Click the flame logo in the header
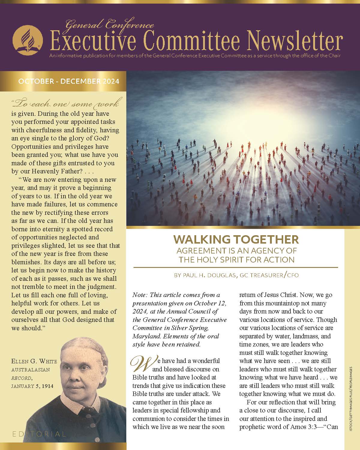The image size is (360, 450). click(27, 40)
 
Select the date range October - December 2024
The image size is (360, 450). click(69, 81)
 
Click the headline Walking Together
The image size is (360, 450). click(236, 240)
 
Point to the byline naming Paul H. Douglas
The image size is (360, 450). click(236, 275)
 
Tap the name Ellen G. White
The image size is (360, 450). click(34, 361)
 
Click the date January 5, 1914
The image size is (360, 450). click(32, 386)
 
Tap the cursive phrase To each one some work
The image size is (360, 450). click(65, 104)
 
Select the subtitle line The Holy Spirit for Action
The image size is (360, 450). click(236, 259)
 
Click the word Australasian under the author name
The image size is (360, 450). click(31, 370)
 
